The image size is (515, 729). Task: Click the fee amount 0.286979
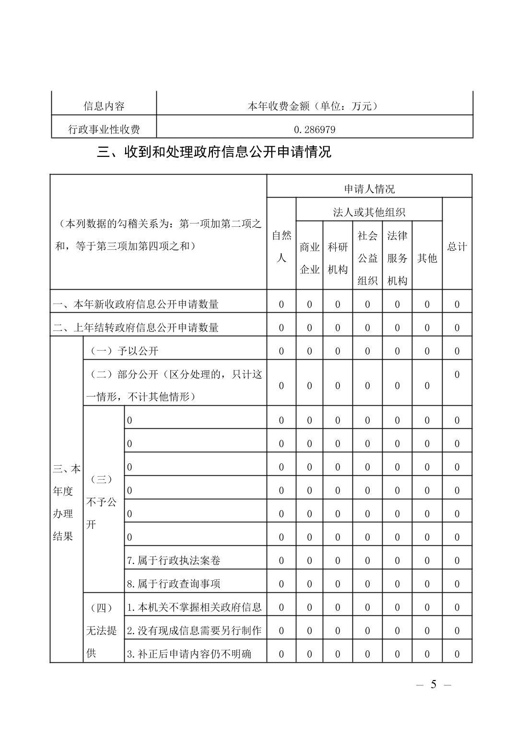[314, 129]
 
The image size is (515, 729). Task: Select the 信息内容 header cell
[104, 106]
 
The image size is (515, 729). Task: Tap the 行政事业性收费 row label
[104, 129]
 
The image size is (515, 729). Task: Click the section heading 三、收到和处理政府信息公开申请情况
[214, 153]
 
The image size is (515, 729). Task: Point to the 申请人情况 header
[369, 189]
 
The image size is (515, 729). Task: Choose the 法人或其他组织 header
[369, 212]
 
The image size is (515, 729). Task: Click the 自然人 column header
[281, 247]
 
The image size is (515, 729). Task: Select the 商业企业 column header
[309, 258]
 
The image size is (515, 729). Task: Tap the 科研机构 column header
[338, 258]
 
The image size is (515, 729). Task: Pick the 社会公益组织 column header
[367, 258]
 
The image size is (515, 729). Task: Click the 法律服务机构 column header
[397, 258]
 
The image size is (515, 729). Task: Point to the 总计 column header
[456, 247]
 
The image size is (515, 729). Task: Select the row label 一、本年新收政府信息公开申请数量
[136, 304]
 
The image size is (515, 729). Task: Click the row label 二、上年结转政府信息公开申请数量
[136, 328]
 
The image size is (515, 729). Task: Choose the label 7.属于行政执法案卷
[174, 560]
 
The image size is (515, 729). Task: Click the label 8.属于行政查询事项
[174, 584]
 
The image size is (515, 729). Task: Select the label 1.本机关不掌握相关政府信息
[194, 607]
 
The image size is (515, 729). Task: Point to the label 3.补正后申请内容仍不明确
[189, 654]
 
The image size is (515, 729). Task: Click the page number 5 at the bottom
[433, 684]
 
